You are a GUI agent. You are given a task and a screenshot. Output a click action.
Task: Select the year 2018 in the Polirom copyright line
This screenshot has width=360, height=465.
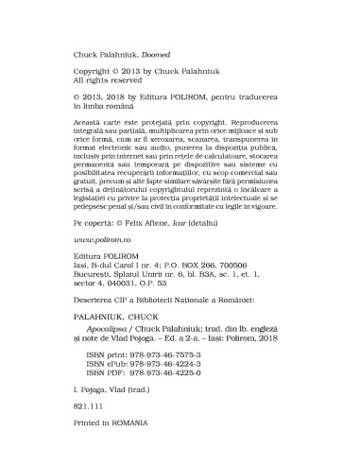[x=121, y=97]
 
